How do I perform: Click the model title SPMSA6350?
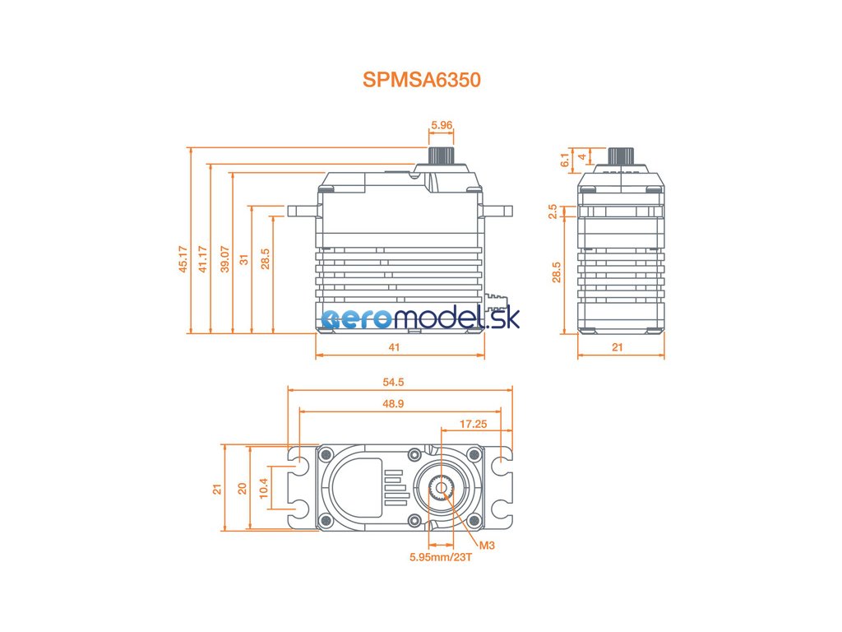click(421, 80)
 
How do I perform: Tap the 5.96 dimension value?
click(442, 126)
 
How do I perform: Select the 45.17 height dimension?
click(183, 258)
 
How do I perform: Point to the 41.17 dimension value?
click(202, 258)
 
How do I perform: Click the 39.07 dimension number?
click(224, 258)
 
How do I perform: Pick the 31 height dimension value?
click(244, 258)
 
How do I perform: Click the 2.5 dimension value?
click(553, 211)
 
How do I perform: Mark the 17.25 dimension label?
click(473, 424)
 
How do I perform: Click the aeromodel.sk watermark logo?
click(420, 318)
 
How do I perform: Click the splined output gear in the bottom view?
click(442, 488)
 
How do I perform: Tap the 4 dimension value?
click(582, 156)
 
